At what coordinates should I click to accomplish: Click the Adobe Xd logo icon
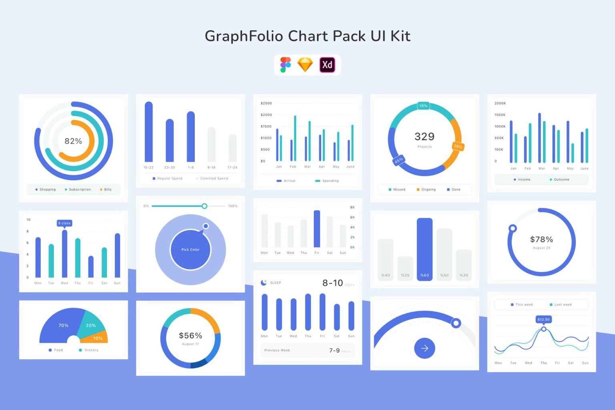[x=327, y=64]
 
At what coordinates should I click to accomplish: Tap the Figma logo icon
[x=285, y=64]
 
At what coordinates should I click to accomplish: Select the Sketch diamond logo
[x=305, y=64]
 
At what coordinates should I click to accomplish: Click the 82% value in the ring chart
[x=73, y=141]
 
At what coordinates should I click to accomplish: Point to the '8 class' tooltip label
[x=64, y=223]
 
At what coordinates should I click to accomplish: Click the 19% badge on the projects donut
[x=423, y=106]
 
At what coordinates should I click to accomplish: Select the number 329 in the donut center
[x=424, y=137]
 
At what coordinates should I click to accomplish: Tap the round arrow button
[x=424, y=348]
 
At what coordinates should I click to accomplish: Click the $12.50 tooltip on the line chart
[x=543, y=319]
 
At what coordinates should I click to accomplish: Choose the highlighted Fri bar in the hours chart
[x=317, y=229]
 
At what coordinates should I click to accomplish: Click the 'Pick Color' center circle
[x=190, y=249]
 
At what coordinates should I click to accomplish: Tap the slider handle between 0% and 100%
[x=204, y=206]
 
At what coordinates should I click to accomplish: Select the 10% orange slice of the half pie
[x=98, y=338]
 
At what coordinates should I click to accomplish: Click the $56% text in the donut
[x=190, y=336]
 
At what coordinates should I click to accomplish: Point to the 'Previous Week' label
[x=277, y=350]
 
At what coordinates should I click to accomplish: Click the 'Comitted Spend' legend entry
[x=214, y=179]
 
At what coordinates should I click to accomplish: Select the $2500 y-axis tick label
[x=266, y=103]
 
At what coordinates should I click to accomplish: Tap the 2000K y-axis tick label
[x=500, y=103]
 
